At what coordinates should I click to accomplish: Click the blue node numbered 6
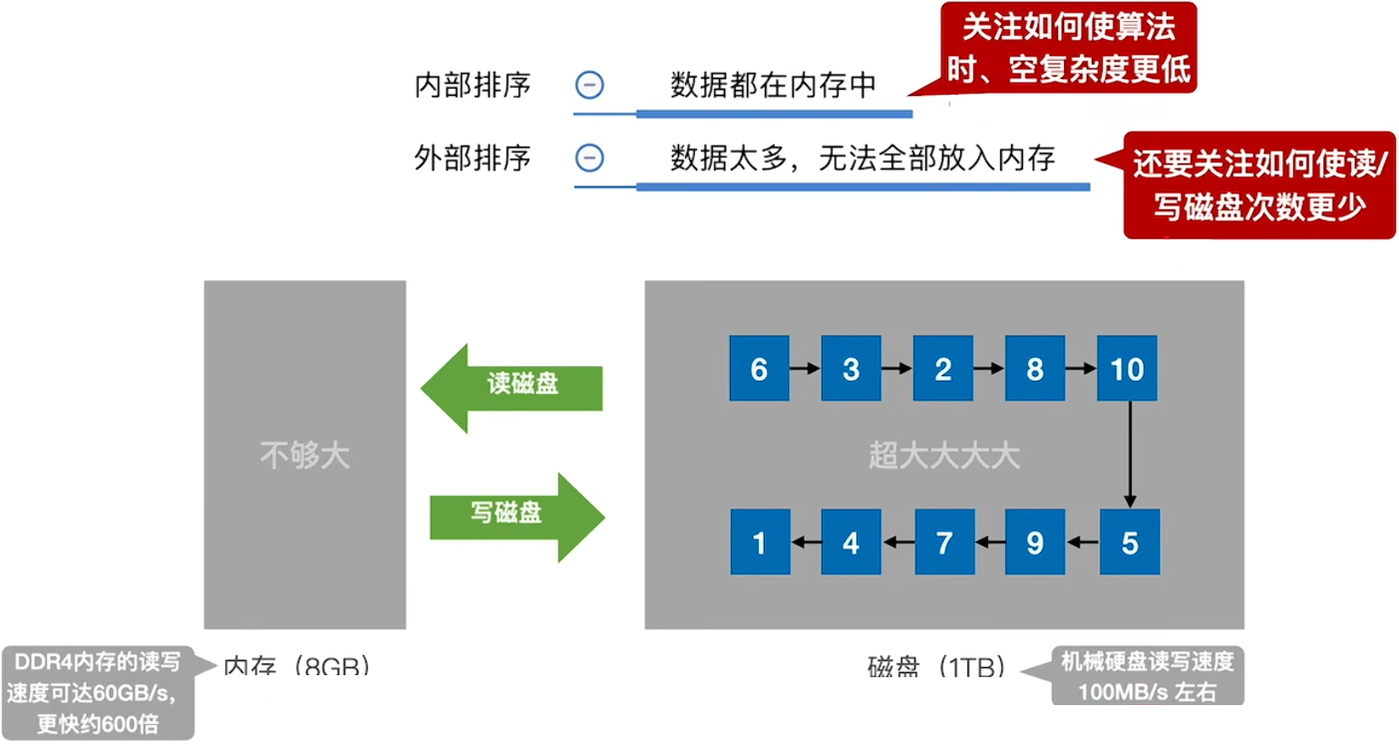759,370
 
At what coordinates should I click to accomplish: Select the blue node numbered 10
1128,370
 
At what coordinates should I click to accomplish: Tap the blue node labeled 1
760,543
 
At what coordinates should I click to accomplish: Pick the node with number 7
943,543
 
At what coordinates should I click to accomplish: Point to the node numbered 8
1035,370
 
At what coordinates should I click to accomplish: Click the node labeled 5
1130,543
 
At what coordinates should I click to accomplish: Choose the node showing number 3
851,370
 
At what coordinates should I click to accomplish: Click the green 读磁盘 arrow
515,388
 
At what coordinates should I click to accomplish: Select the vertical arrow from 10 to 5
1130,454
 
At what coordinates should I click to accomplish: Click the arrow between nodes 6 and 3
805,370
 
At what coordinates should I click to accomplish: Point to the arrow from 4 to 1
806,543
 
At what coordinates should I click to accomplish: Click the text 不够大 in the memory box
305,456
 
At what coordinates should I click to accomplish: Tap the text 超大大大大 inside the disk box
943,456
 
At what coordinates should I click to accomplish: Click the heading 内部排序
472,86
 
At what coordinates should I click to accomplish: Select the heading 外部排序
472,158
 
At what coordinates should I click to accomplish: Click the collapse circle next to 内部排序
589,86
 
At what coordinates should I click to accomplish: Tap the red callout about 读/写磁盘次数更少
1259,186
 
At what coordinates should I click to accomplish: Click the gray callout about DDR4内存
97,691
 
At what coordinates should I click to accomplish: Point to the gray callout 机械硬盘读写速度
1147,676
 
